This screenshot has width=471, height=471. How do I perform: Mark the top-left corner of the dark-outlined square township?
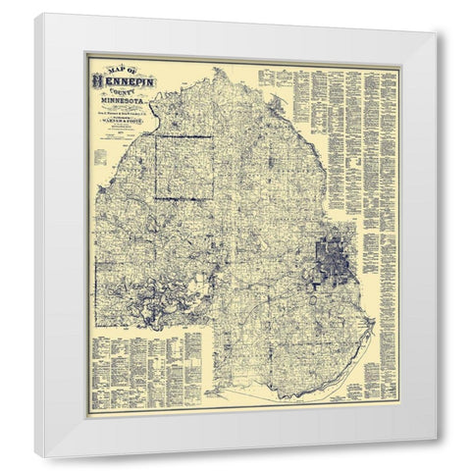[156, 135]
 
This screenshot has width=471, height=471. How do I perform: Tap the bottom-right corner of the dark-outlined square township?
[207, 199]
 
